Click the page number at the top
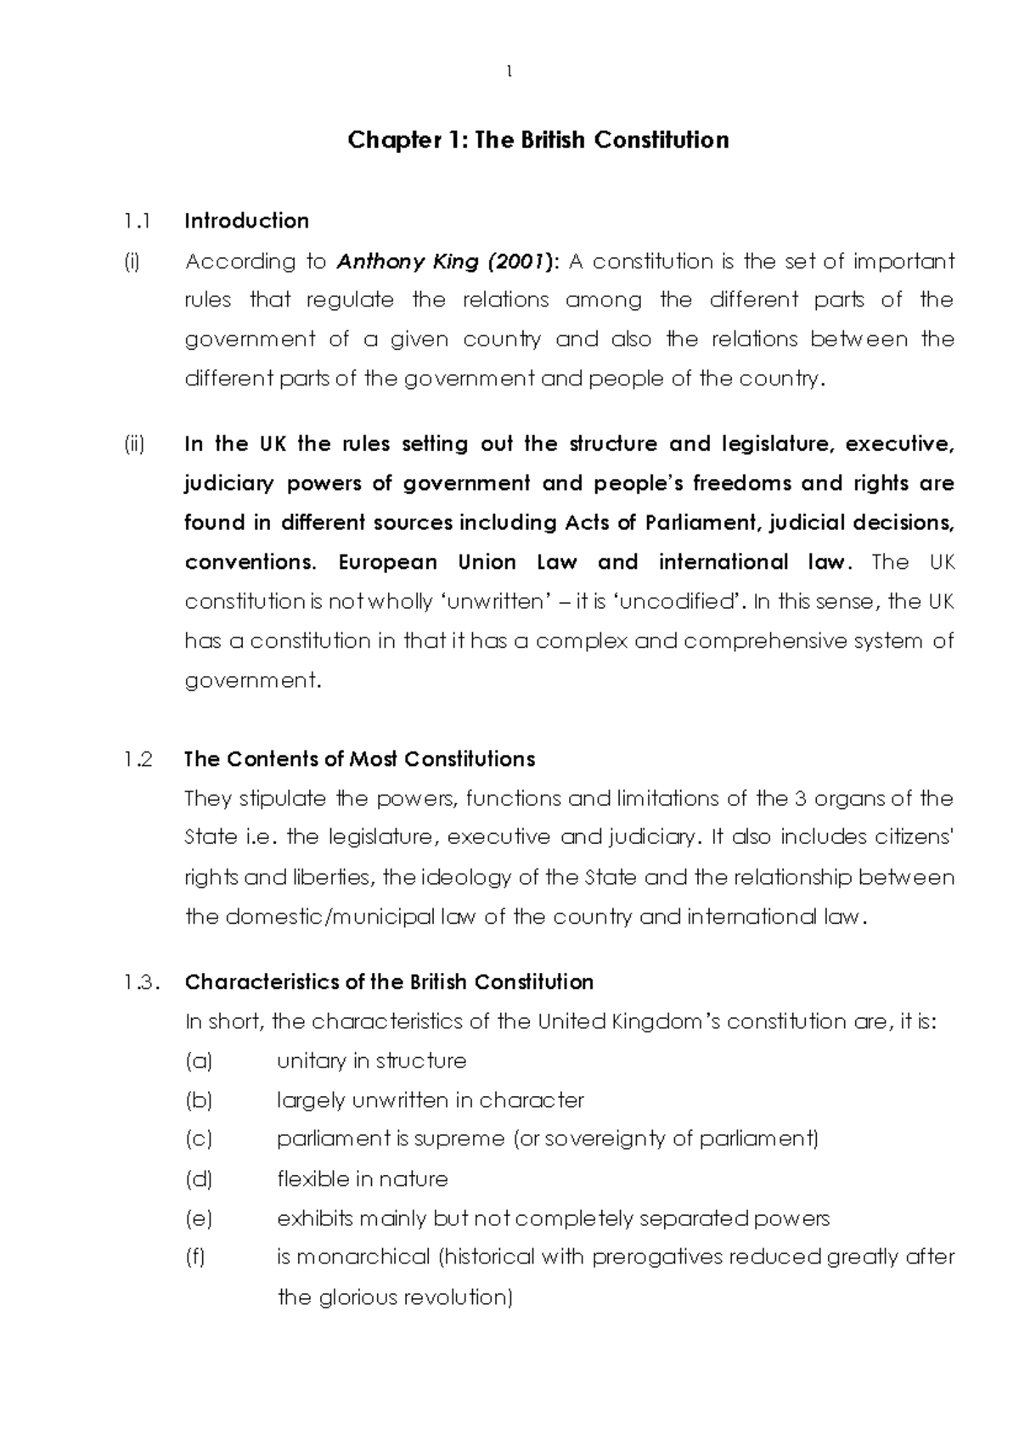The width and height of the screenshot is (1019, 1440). [509, 73]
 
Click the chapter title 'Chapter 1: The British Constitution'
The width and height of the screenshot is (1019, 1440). [538, 140]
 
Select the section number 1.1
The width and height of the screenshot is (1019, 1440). [136, 222]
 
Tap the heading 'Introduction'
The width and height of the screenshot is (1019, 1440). [246, 222]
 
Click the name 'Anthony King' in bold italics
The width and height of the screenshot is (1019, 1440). [408, 262]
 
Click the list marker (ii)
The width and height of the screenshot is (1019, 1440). [134, 444]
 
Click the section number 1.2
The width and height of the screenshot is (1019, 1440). [138, 759]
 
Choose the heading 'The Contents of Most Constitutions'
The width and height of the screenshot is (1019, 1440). [359, 759]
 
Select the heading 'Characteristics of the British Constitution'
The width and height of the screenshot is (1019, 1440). [389, 982]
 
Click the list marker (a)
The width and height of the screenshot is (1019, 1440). [199, 1061]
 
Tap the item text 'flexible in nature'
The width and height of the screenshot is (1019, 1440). [363, 1179]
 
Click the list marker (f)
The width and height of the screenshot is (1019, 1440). [196, 1257]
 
